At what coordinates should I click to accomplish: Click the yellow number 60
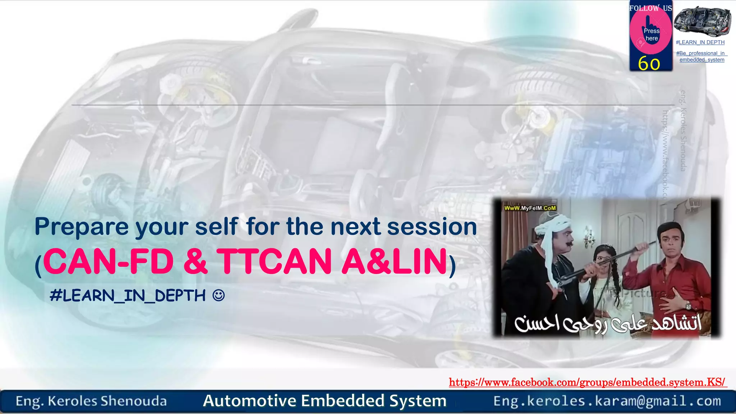[x=649, y=64]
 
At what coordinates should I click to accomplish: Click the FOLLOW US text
[x=650, y=8]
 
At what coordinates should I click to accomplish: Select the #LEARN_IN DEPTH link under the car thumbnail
[x=700, y=42]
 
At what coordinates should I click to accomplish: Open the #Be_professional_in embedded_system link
[x=701, y=56]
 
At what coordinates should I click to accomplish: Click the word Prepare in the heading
[x=82, y=227]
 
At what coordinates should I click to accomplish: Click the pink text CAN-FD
[x=108, y=261]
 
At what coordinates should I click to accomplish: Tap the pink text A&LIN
[x=394, y=261]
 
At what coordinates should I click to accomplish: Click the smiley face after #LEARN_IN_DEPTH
[x=218, y=295]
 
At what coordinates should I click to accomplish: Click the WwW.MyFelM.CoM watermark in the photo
[x=530, y=208]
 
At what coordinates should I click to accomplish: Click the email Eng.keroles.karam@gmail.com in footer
[x=607, y=401]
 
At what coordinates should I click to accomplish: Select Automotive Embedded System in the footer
[x=325, y=401]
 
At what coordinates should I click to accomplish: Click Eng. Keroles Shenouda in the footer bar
[x=91, y=401]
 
